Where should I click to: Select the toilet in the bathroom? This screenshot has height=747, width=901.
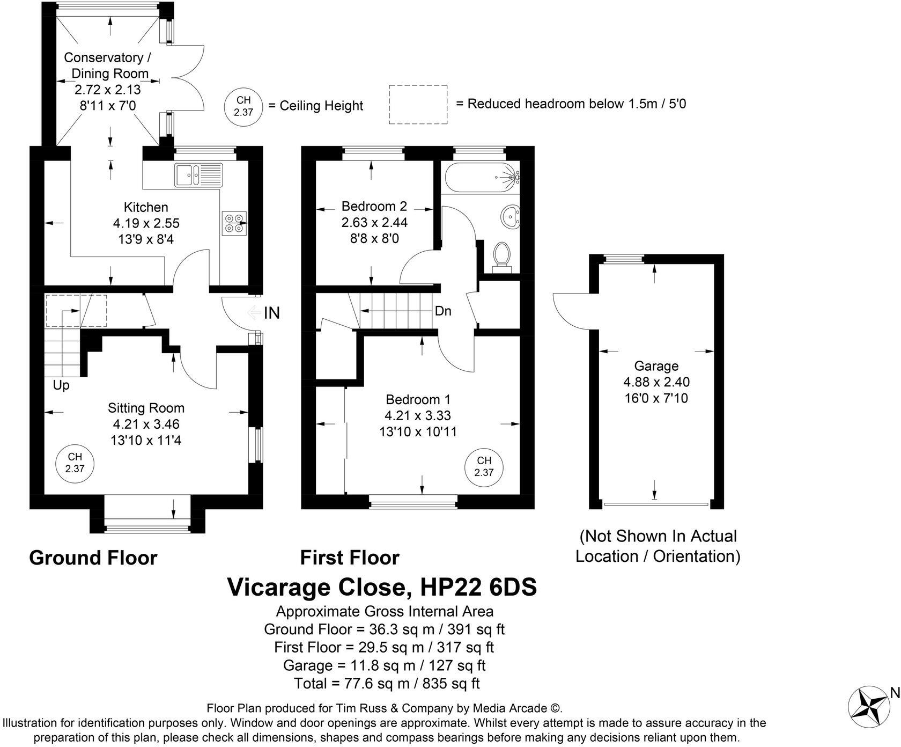[502, 254]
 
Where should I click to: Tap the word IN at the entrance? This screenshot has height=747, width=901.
[272, 313]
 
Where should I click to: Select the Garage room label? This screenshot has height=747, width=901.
[656, 366]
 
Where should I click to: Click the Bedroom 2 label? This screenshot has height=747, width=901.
[374, 206]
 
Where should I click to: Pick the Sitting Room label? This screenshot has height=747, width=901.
[146, 408]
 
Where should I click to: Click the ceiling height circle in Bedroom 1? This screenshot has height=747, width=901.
[484, 466]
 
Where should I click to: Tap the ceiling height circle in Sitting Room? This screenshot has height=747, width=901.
[75, 463]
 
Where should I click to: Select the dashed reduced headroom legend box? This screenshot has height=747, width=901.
[418, 105]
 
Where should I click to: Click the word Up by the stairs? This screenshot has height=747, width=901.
[61, 385]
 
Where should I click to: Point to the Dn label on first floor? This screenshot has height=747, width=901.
[443, 311]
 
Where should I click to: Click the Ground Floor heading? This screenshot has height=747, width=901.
[93, 558]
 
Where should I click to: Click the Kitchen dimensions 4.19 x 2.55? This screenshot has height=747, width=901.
[146, 223]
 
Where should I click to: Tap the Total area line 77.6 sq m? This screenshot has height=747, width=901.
[386, 684]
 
